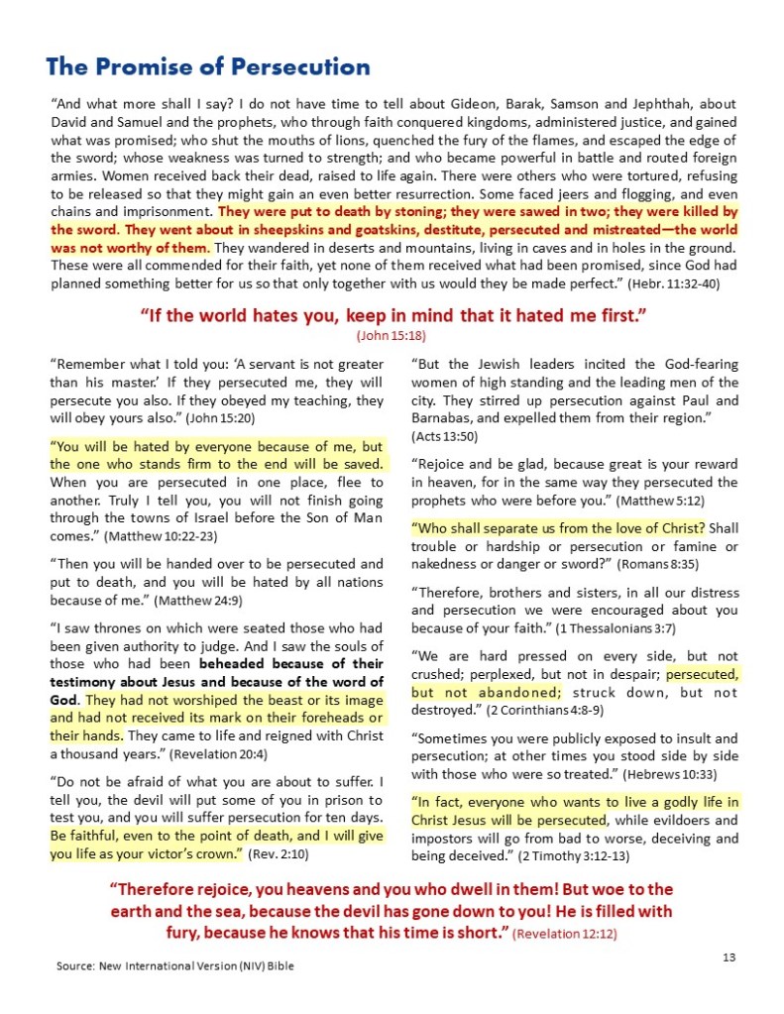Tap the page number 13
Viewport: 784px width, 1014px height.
coord(728,956)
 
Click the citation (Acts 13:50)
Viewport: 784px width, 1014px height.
coord(445,436)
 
